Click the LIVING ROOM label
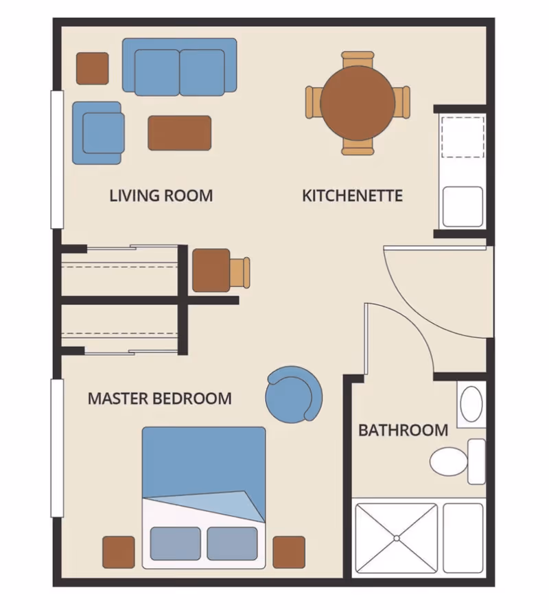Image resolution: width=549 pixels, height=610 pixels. (x=161, y=196)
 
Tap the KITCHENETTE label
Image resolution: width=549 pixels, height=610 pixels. (x=353, y=196)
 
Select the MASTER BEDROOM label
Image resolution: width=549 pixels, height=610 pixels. (x=160, y=398)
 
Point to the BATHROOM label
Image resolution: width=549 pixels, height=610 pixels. (x=404, y=431)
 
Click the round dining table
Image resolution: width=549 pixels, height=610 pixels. (x=358, y=103)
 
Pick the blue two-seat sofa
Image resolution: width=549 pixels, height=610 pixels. (x=180, y=67)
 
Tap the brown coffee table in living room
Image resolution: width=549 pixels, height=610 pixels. (x=180, y=133)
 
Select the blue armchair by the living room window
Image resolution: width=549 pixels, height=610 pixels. (x=98, y=133)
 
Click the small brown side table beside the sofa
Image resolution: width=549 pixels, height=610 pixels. (x=93, y=69)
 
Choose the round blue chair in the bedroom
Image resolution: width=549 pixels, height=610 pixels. (x=294, y=395)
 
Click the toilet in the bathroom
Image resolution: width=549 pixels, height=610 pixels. (x=458, y=462)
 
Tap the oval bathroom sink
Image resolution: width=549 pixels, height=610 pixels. (x=471, y=404)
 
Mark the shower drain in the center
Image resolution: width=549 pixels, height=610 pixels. (x=396, y=539)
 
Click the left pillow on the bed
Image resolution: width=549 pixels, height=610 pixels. (x=175, y=543)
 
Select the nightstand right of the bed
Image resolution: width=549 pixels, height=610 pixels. (x=289, y=552)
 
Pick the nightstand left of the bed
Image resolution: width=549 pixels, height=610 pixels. (x=119, y=552)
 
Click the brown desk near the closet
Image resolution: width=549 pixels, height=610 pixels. (x=211, y=271)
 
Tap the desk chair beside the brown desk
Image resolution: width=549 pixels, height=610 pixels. (x=240, y=272)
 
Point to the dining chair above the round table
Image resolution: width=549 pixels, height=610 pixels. (x=358, y=60)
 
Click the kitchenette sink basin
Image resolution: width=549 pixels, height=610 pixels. (x=463, y=207)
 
